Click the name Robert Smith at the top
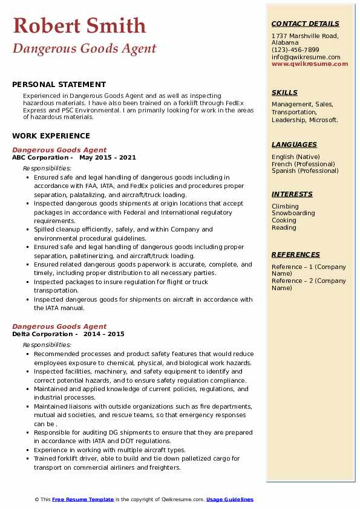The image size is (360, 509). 79,25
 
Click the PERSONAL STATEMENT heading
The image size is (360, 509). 59,85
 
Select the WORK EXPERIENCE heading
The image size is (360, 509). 51,136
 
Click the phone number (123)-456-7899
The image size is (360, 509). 295,50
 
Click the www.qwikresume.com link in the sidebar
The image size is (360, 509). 310,63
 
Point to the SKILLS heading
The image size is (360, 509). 284,92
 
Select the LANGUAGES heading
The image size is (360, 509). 294,144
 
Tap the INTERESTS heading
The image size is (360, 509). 292,194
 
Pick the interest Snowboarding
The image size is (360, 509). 293,213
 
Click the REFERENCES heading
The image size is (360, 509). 295,254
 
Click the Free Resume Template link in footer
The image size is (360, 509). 83,499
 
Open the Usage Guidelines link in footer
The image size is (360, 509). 229,499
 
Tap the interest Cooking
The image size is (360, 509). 284,221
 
